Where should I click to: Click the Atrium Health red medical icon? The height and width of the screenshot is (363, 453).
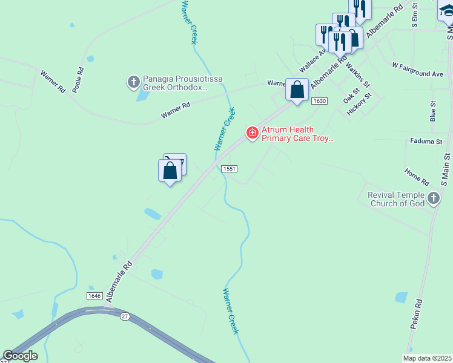click(x=252, y=132)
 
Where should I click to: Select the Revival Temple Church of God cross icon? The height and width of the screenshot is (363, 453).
click(x=433, y=198)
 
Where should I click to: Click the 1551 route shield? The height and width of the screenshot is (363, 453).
click(x=228, y=169)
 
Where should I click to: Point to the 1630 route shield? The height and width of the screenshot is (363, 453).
click(x=320, y=101)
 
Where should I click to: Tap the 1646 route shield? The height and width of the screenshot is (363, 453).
click(x=94, y=295)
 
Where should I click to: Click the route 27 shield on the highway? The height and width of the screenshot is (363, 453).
click(x=125, y=316)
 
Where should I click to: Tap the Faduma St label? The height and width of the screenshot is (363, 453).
click(x=426, y=142)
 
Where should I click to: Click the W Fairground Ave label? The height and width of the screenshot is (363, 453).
click(x=417, y=70)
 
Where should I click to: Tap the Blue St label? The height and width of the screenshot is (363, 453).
click(x=432, y=111)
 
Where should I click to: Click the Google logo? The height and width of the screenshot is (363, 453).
click(x=20, y=356)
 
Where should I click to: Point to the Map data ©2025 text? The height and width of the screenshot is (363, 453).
click(x=427, y=358)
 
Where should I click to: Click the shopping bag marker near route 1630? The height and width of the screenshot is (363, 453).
click(x=297, y=91)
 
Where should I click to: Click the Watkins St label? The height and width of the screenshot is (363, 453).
click(x=357, y=76)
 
